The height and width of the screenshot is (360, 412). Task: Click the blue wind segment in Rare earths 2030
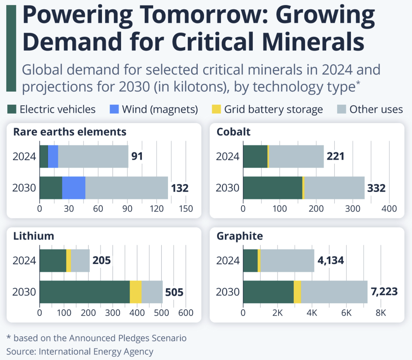click(74, 188)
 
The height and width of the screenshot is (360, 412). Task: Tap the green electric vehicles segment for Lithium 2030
click(85, 292)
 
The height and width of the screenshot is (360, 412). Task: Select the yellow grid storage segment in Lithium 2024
click(69, 261)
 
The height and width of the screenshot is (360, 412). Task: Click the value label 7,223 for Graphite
click(384, 292)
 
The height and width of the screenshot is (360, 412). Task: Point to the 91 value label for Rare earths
click(137, 156)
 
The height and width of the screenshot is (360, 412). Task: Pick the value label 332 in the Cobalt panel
click(376, 188)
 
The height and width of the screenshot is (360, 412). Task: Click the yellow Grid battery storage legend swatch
click(216, 109)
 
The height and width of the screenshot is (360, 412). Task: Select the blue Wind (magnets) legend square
click(114, 109)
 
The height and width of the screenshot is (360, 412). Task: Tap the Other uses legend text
click(376, 109)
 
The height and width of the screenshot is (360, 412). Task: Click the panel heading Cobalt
click(233, 132)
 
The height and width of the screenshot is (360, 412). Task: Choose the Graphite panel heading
click(239, 236)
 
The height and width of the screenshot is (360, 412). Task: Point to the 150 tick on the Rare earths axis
click(186, 209)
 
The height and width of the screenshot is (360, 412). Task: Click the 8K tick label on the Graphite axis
click(381, 313)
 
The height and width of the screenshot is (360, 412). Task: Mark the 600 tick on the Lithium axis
click(186, 313)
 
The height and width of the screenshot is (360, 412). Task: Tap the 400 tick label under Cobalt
click(389, 209)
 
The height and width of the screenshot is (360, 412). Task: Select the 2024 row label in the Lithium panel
click(24, 261)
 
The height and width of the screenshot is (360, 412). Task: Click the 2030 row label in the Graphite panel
click(228, 292)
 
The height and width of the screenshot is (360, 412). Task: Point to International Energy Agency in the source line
click(96, 352)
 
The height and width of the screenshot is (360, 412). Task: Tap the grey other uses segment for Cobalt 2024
click(296, 156)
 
